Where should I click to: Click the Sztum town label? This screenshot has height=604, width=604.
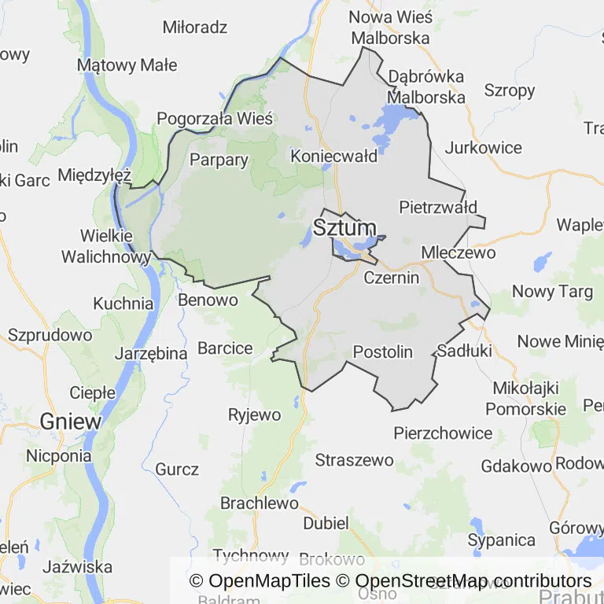click(344, 228)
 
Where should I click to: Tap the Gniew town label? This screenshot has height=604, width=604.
click(71, 421)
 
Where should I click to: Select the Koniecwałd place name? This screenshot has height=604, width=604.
click(334, 156)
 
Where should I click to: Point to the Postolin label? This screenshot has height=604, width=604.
click(383, 352)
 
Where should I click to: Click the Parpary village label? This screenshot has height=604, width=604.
click(219, 160)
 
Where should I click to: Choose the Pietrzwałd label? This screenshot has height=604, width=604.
click(438, 208)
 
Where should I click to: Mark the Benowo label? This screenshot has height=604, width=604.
click(208, 300)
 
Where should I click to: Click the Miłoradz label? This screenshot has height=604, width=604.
click(195, 28)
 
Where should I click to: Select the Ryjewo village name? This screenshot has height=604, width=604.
click(254, 414)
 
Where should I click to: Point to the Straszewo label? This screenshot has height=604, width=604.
click(354, 459)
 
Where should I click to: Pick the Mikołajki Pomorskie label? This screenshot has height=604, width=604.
click(525, 398)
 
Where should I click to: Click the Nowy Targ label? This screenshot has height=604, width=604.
click(552, 292)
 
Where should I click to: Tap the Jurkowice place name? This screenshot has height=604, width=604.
click(483, 147)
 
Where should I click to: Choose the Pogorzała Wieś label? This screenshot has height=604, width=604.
click(215, 119)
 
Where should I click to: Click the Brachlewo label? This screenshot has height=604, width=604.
click(260, 503)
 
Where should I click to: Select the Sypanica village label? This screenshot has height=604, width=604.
click(501, 540)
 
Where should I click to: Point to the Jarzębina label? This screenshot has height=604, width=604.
click(151, 353)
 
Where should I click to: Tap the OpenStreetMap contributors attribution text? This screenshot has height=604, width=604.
click(473, 581)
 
